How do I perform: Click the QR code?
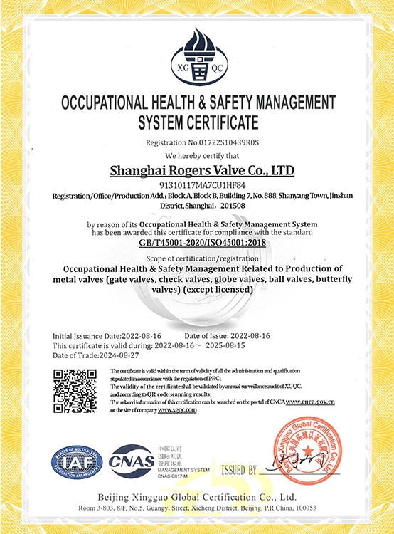75,390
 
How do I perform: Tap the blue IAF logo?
76,462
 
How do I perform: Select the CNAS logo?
132,461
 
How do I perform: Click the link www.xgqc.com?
177,410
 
